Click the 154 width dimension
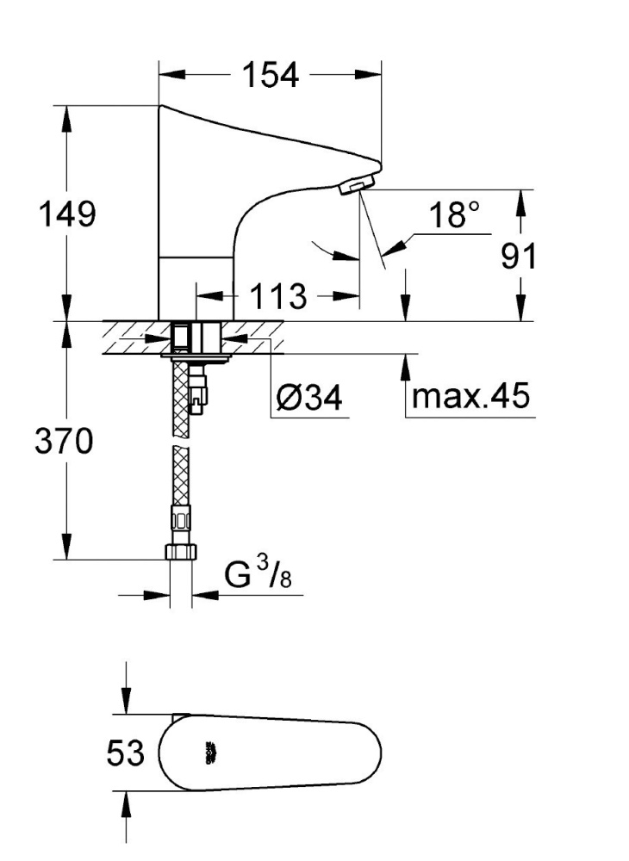pyautogui.click(x=269, y=76)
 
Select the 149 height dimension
pyautogui.click(x=65, y=214)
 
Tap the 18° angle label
pyautogui.click(x=454, y=215)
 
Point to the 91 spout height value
pyautogui.click(x=520, y=256)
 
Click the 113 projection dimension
pyautogui.click(x=278, y=297)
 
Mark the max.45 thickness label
pyautogui.click(x=471, y=397)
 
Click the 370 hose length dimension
pyautogui.click(x=64, y=443)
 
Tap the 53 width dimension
pyautogui.click(x=126, y=754)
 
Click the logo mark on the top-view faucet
pyautogui.click(x=208, y=754)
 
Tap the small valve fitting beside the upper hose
pyautogui.click(x=199, y=392)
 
